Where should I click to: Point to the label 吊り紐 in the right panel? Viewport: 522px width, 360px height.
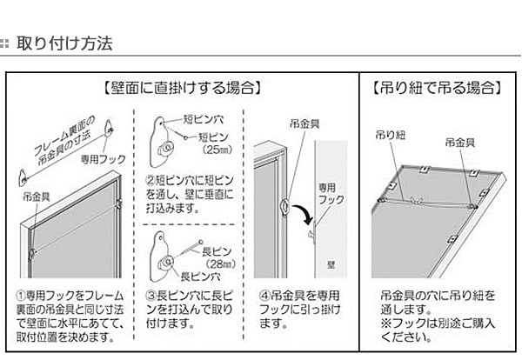click(386, 136)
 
